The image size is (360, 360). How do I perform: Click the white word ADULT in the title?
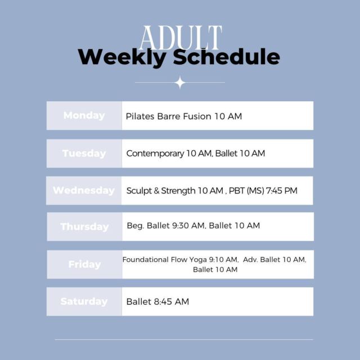(181, 38)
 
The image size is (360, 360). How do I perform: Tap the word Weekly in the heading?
(122, 57)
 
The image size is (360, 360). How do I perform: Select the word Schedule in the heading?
(226, 56)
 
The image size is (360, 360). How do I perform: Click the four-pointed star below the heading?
(180, 83)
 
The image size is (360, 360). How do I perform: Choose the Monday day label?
(84, 115)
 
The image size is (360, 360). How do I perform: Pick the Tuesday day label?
(84, 154)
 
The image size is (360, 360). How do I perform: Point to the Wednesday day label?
(84, 190)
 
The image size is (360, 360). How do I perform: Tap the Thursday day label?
(84, 227)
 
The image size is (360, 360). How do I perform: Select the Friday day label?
(85, 264)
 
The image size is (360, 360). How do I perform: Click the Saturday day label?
(84, 301)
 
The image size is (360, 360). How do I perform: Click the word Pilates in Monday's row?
(140, 116)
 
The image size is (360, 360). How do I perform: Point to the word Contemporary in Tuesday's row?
(155, 154)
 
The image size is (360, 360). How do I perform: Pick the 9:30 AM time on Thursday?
(188, 226)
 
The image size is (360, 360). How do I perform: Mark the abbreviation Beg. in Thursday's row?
(136, 226)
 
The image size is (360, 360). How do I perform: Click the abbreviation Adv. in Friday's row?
(250, 260)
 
